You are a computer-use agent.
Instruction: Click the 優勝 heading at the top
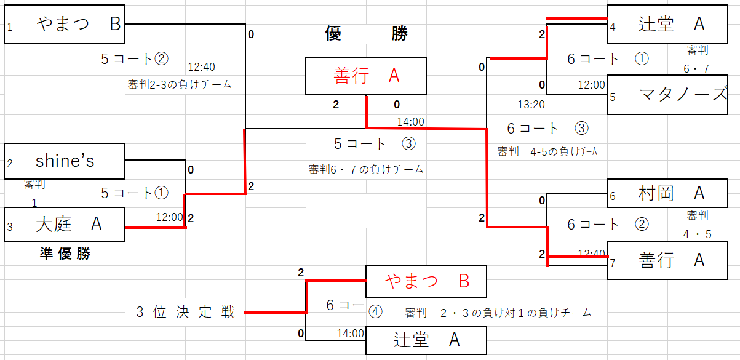[366, 34]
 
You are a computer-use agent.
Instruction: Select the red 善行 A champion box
[366, 76]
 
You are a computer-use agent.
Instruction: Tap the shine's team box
[65, 161]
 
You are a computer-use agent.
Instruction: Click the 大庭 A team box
[65, 225]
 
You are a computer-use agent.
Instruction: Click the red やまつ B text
[427, 281]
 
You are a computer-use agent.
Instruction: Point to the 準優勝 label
[64, 254]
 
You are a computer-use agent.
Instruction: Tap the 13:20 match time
[531, 105]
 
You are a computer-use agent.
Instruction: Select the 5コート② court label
[134, 59]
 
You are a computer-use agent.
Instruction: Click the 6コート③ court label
[547, 129]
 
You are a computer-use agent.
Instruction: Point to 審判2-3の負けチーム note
[180, 85]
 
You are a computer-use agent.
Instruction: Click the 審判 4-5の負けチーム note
[547, 151]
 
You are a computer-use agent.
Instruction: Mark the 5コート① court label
[134, 193]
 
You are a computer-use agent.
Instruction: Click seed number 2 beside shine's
[10, 164]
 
